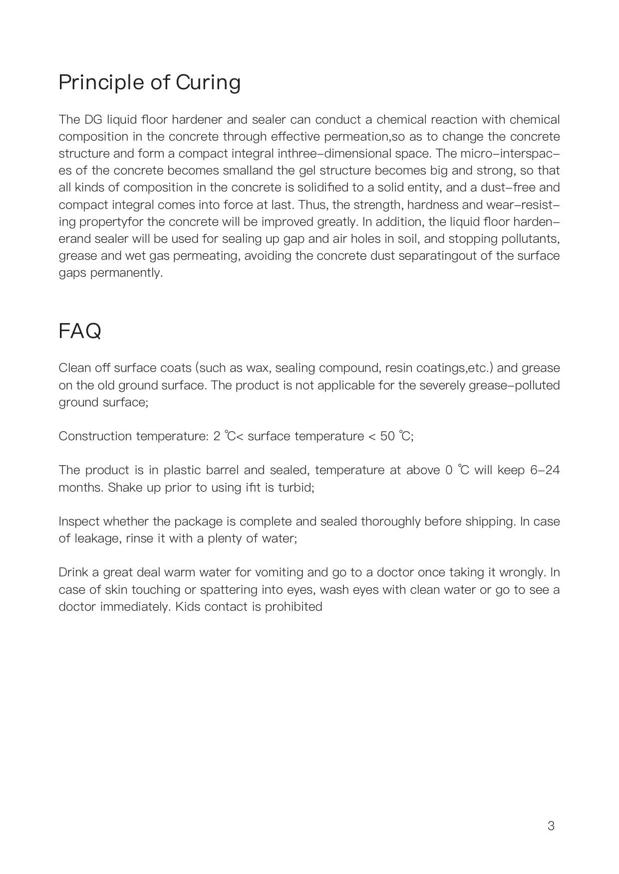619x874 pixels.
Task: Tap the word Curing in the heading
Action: coord(208,83)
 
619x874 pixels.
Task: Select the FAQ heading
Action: coord(80,331)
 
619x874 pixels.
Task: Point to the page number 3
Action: coord(551,826)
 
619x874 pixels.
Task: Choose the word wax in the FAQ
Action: coord(258,368)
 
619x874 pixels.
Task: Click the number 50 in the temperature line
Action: coord(387,436)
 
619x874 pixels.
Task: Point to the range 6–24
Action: coord(545,470)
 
